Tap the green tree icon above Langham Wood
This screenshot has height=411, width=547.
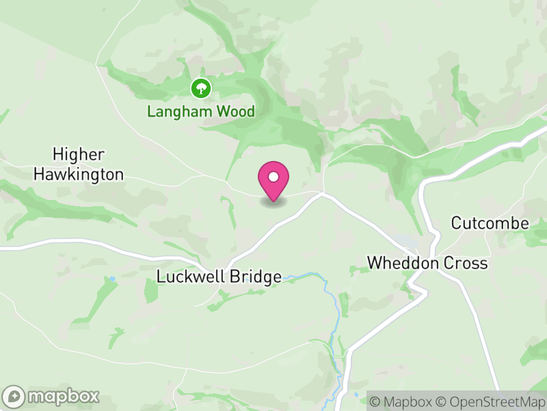point(200,88)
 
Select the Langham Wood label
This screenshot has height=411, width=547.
point(201,111)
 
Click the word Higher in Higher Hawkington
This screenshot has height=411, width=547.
point(79,154)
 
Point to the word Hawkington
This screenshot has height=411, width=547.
point(79,175)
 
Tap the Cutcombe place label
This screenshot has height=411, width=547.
point(490,223)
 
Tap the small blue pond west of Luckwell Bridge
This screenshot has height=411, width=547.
point(110,279)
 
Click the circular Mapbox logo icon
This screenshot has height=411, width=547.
point(14,396)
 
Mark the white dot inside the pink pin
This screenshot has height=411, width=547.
point(273,177)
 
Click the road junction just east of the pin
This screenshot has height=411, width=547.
point(323,194)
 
